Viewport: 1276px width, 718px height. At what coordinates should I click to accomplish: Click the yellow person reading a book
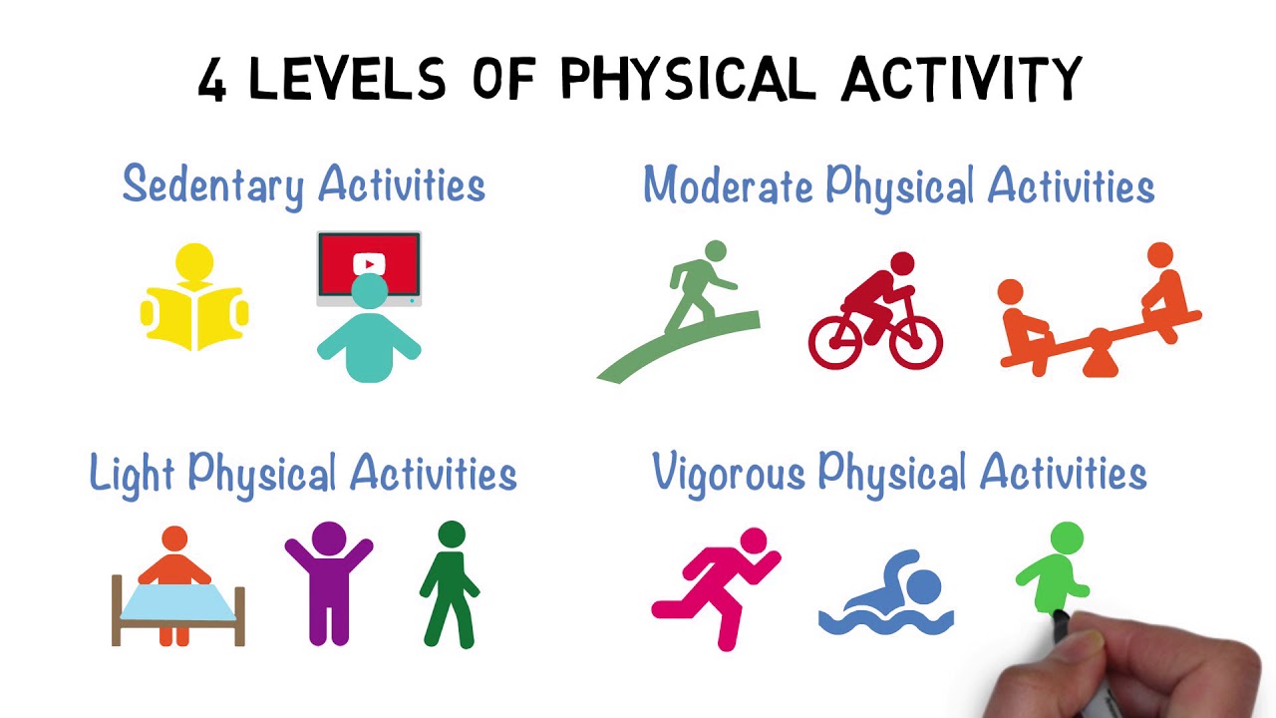coord(194,299)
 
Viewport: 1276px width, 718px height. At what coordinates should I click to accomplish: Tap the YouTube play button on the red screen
coord(369,264)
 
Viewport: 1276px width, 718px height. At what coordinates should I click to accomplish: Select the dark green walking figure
coord(450,583)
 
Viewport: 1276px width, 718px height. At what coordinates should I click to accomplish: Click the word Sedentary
coord(213,184)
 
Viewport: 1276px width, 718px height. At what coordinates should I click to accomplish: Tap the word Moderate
coord(728,185)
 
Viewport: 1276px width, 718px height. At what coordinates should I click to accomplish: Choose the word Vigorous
coord(729,473)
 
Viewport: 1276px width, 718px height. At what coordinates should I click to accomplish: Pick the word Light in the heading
coord(133,473)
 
